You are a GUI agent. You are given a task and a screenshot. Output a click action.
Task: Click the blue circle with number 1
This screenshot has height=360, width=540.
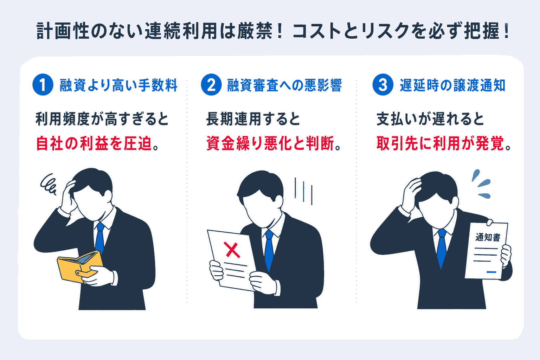43,85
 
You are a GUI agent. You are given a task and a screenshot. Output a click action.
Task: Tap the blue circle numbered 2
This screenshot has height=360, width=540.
211,85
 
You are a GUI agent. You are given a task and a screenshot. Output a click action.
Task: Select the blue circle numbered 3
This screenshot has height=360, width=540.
383,85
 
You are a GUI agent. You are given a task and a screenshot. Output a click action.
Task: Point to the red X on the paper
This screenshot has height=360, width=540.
232,250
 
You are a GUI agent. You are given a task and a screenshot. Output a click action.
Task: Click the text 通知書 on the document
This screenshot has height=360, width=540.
488,237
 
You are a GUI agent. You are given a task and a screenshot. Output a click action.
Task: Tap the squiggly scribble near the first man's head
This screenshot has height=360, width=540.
49,184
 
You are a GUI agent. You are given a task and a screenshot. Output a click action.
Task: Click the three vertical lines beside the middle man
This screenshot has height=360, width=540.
303,192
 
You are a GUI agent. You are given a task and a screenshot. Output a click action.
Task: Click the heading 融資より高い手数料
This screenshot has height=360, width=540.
118,85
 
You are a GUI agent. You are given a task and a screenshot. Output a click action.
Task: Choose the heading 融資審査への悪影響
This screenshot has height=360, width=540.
284,85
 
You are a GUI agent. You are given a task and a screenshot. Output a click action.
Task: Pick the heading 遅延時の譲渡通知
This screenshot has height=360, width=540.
452,85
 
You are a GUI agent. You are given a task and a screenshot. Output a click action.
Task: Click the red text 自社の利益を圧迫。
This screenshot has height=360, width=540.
97,143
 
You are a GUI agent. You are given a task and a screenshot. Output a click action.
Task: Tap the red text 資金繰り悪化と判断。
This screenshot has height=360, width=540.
274,143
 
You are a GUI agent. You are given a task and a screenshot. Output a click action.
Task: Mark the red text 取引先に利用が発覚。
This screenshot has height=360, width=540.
444,143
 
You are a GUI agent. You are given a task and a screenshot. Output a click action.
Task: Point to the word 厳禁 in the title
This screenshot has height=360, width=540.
255,31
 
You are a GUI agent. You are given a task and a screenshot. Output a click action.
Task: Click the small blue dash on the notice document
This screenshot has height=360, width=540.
491,272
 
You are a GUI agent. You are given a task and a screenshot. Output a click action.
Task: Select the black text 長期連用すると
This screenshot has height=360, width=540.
253,119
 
